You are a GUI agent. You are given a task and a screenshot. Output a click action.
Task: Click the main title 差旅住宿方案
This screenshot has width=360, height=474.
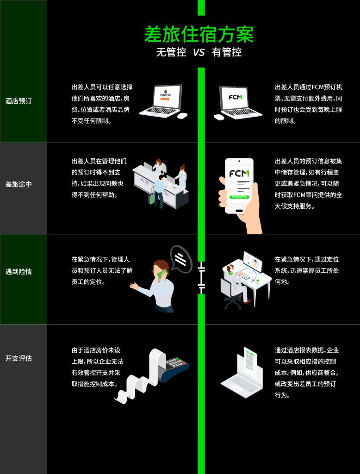pos(199,35)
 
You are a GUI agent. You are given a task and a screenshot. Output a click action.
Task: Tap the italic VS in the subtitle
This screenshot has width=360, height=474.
pos(199,52)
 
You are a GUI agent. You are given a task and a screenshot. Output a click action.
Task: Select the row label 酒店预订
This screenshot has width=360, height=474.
pos(19,101)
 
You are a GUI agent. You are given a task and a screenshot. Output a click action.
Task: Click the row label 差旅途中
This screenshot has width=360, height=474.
pos(19,184)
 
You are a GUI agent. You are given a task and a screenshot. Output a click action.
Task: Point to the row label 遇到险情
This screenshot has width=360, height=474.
pos(19,272)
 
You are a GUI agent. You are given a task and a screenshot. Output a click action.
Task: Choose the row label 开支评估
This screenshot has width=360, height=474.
pos(19,358)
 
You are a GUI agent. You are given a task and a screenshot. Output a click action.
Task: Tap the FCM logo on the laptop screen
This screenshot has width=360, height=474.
pos(238,98)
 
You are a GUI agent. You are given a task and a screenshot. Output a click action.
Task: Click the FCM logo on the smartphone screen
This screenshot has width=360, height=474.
pos(239,174)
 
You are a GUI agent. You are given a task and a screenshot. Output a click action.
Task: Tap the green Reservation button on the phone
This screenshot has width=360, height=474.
pos(239,197)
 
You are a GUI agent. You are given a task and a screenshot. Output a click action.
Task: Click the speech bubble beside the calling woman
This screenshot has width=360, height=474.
pos(181,258)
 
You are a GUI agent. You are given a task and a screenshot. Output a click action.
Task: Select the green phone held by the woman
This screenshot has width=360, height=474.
pos(161,274)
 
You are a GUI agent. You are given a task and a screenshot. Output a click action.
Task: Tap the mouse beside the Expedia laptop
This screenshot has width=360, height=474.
pos(182,115)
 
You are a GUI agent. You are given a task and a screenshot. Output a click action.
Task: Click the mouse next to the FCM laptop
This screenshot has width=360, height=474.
pos(219,117)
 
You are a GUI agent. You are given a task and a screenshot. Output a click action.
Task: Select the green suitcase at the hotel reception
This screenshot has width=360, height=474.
pos(152,198)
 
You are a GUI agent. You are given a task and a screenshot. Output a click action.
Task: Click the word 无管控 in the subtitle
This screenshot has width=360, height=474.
pos(171,52)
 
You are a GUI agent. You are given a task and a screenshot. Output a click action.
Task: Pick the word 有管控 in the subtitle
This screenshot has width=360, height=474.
pos(227,52)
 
